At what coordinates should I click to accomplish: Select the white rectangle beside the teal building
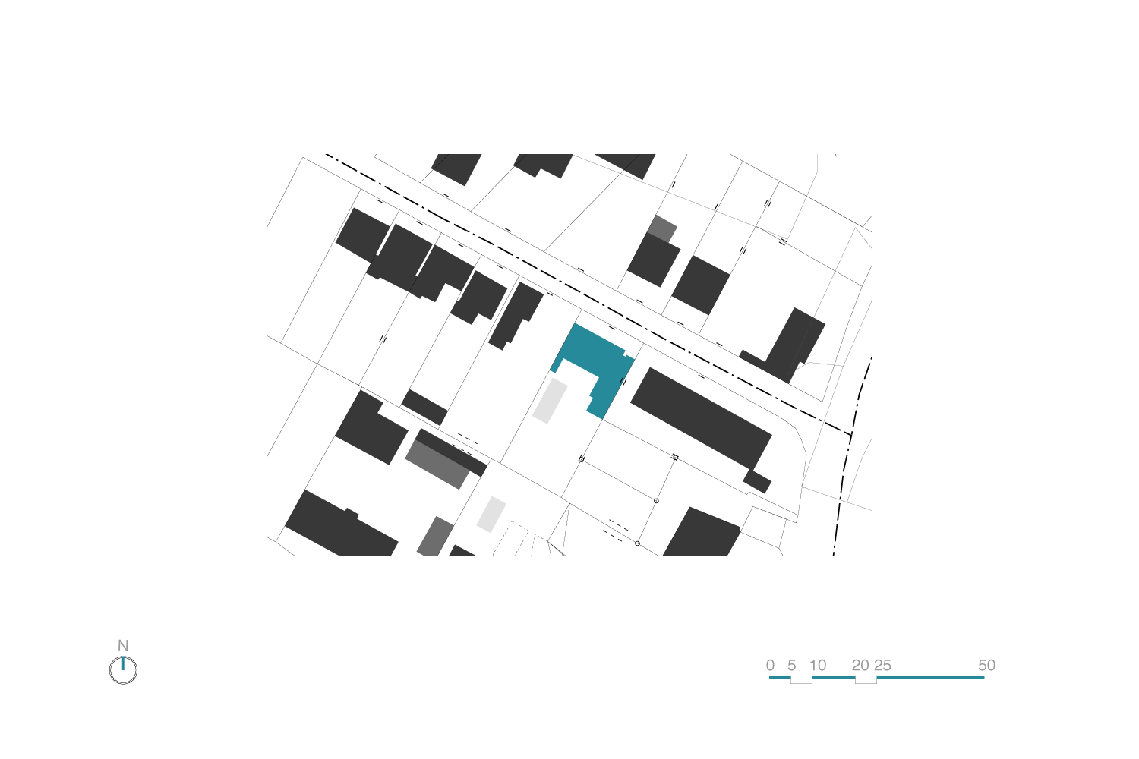[550, 401]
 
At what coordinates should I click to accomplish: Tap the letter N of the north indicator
[123, 646]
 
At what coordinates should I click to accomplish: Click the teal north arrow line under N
[123, 663]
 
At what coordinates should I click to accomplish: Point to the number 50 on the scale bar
[986, 666]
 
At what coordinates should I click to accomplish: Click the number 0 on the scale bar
[770, 666]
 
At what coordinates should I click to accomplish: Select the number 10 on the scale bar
[818, 666]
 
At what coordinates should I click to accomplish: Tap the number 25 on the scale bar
[882, 666]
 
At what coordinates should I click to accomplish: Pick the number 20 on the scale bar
[860, 666]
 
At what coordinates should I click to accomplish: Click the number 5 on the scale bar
[791, 666]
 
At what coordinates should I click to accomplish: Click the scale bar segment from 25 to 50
[930, 677]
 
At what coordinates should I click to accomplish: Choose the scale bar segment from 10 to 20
[834, 677]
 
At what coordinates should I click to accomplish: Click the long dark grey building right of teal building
[700, 417]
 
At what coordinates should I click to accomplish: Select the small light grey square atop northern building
[663, 228]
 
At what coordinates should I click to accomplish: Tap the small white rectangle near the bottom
[491, 514]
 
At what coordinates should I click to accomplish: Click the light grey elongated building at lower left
[437, 464]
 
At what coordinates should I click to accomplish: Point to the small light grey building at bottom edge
[434, 537]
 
